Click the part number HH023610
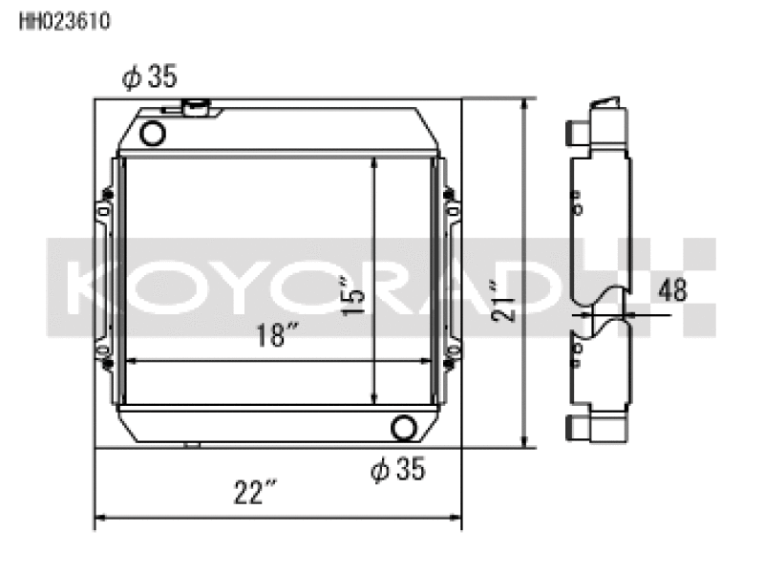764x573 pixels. [x=65, y=21]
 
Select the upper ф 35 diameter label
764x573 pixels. [x=150, y=77]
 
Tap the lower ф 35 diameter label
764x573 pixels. [x=397, y=469]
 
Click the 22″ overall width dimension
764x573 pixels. [x=255, y=492]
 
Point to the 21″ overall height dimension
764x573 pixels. [x=503, y=301]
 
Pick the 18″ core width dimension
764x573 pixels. [x=277, y=335]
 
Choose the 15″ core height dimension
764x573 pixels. [x=352, y=296]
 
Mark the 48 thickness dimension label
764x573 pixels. [x=672, y=289]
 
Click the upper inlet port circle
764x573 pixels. [x=153, y=133]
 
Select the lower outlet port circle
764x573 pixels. [x=404, y=428]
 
